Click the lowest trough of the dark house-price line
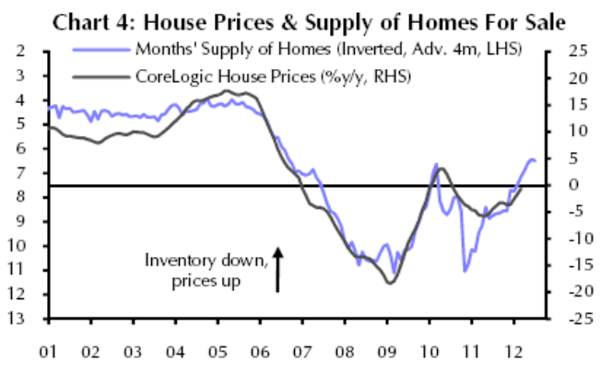(x=389, y=283)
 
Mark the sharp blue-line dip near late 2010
(x=465, y=271)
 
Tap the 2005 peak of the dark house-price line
(x=228, y=91)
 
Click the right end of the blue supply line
(x=536, y=162)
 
